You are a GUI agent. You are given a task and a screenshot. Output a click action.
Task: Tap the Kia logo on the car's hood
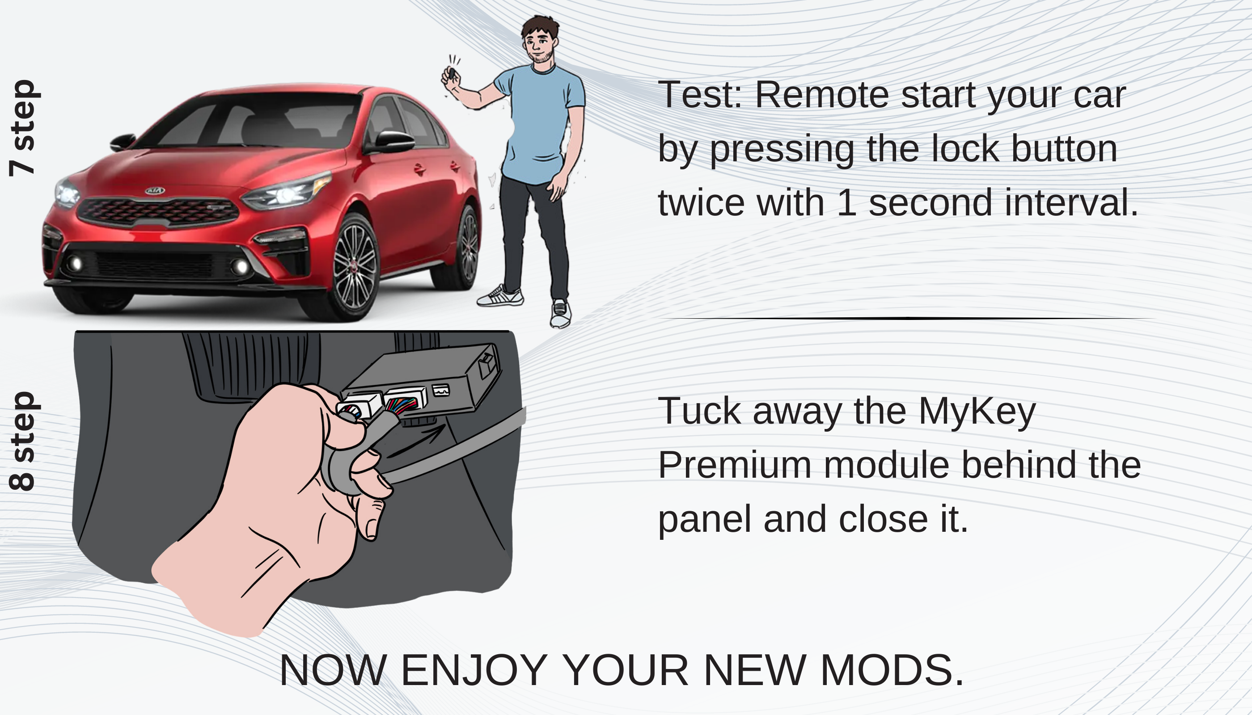pyautogui.click(x=155, y=190)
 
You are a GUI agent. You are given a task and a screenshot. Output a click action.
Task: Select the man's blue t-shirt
pyautogui.click(x=538, y=123)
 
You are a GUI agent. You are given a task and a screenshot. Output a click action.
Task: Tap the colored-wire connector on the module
pyautogui.click(x=402, y=404)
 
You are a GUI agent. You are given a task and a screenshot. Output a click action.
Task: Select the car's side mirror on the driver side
pyautogui.click(x=393, y=141)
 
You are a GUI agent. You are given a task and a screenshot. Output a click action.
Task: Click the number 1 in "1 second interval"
pyautogui.click(x=846, y=202)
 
